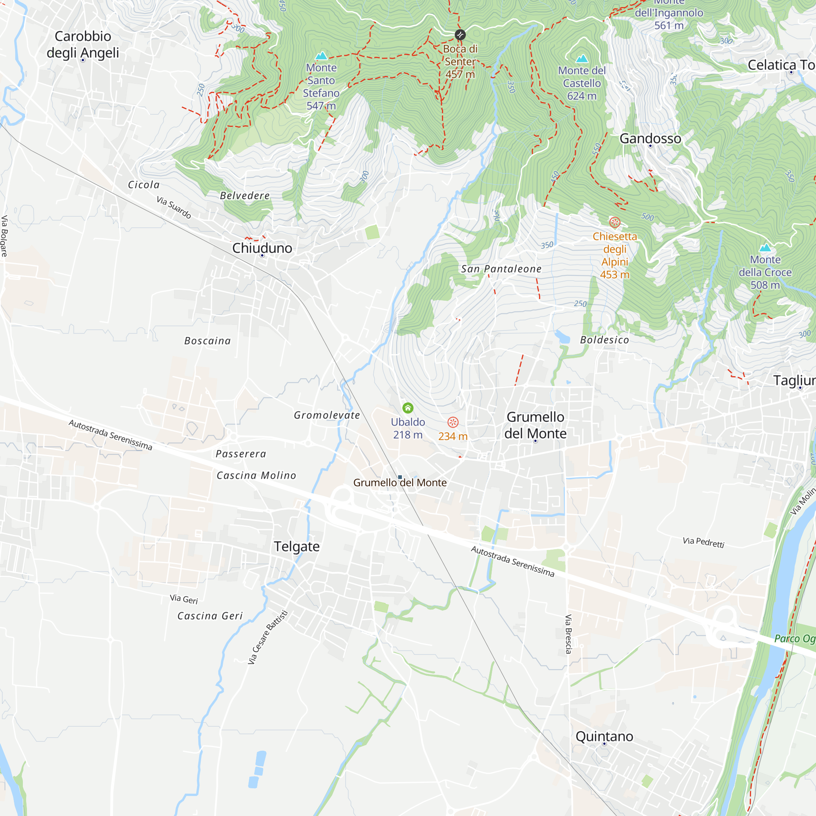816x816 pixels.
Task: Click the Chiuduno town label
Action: click(x=262, y=248)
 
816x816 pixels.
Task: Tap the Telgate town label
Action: click(x=297, y=546)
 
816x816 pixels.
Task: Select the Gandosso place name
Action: click(x=650, y=139)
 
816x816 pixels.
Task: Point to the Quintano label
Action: click(x=604, y=736)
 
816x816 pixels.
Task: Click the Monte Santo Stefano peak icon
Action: click(x=322, y=56)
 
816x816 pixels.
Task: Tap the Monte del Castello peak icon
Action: click(x=582, y=58)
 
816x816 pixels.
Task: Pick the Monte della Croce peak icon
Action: click(x=765, y=248)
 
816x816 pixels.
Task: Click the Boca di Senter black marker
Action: click(x=460, y=35)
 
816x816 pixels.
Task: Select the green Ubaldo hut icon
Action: click(x=408, y=408)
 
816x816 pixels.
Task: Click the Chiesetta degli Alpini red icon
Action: click(x=614, y=222)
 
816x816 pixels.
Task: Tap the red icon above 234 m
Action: click(x=453, y=422)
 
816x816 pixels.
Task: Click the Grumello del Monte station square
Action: click(x=399, y=477)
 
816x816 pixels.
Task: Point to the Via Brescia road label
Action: click(x=568, y=634)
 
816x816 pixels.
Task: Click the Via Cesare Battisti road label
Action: click(x=267, y=637)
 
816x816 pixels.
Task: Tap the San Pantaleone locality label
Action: click(x=501, y=269)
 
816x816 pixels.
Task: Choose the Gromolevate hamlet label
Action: click(x=327, y=415)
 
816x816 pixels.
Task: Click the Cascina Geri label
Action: click(x=210, y=616)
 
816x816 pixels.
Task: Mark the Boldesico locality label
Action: click(x=604, y=340)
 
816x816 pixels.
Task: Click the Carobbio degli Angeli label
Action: click(x=83, y=44)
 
